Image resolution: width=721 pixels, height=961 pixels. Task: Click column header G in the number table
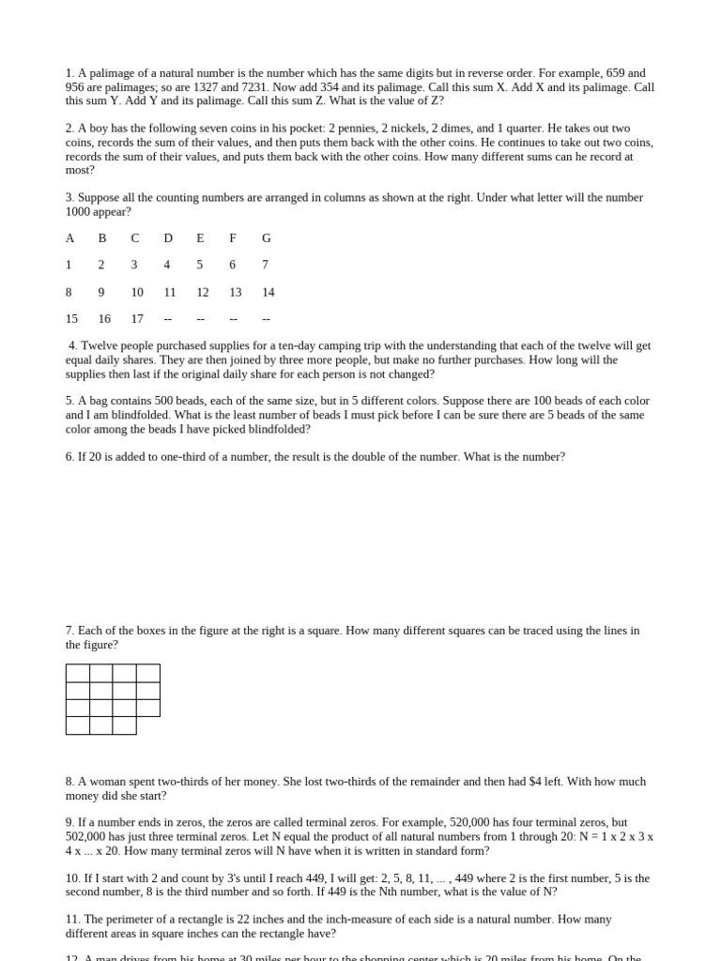click(x=267, y=238)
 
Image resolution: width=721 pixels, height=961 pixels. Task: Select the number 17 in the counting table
click(x=137, y=319)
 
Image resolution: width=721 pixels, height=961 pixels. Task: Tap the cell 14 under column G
click(x=268, y=293)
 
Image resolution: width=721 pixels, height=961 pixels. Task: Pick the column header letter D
click(x=168, y=238)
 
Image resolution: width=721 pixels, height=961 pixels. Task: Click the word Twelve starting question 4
click(x=99, y=346)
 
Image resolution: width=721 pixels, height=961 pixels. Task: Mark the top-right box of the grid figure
click(x=148, y=673)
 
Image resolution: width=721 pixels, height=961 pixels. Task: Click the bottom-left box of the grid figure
click(x=78, y=725)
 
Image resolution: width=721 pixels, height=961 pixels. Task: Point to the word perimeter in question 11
click(x=130, y=920)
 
